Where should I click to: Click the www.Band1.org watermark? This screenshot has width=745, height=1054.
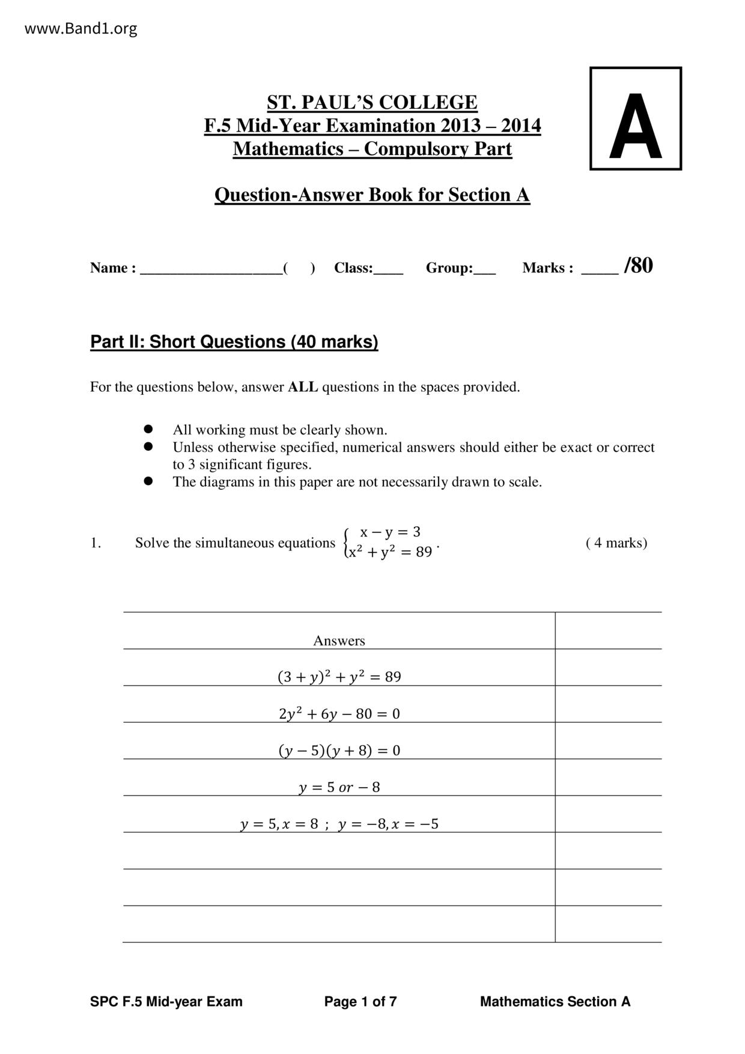(x=81, y=28)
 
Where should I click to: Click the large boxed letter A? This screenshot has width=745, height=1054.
(x=635, y=127)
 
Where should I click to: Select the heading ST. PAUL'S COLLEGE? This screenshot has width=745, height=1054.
(x=372, y=103)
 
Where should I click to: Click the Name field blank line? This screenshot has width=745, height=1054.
(x=211, y=269)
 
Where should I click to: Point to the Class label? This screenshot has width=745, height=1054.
(x=353, y=268)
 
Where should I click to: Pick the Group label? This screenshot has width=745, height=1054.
(x=449, y=268)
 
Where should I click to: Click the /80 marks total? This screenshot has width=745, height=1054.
(x=638, y=266)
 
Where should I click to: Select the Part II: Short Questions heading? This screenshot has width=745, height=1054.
(x=234, y=342)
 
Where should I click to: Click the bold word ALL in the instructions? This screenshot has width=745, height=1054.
(x=303, y=387)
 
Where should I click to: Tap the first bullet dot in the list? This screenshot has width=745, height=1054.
(x=148, y=429)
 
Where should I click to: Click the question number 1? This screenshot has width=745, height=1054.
(x=96, y=543)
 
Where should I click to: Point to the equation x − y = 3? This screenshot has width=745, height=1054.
(x=390, y=532)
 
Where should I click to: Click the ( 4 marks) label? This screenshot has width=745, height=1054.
(x=616, y=543)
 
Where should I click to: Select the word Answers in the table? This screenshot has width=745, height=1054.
(x=339, y=641)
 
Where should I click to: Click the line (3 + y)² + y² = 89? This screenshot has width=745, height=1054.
(x=339, y=677)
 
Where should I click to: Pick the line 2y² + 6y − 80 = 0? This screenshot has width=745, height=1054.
(x=339, y=714)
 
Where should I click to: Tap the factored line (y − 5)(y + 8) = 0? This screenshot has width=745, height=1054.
(x=339, y=751)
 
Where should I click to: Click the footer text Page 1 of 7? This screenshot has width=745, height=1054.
(x=360, y=1002)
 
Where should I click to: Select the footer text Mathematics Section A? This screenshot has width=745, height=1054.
(x=555, y=1002)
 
